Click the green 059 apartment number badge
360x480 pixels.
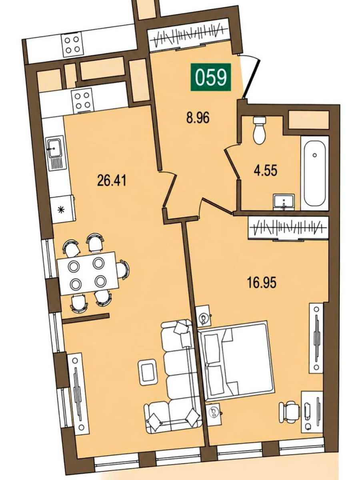pos(211,77)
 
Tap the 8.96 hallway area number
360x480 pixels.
pos(198,118)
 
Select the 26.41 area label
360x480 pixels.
pos(112,181)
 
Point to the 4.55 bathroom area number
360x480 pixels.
pos(265,170)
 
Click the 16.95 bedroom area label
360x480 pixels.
pos(262,282)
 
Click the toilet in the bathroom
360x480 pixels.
pos(259,130)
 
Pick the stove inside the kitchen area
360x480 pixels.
pos(82,100)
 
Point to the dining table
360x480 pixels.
pos(88,274)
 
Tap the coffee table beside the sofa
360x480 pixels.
pos(148,372)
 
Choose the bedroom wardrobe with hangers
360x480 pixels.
pos(288,228)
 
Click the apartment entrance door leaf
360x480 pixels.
pos(252,79)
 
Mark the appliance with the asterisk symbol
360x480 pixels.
pos(62,209)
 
